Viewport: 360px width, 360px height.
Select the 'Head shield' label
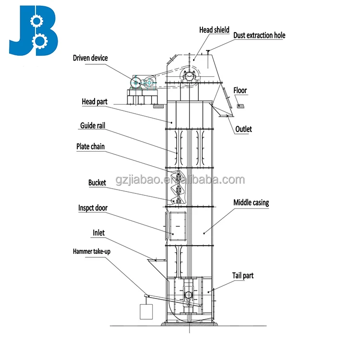pos(214,30)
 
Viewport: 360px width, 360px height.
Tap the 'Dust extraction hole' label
pos(259,35)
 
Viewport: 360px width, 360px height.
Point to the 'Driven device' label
pos(90,58)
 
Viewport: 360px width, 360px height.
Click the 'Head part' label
pos(95,101)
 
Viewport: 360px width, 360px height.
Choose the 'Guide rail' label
pos(93,126)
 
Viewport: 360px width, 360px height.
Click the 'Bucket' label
pos(97,182)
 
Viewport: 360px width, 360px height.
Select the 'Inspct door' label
pos(93,208)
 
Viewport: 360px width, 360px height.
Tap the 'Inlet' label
pos(98,233)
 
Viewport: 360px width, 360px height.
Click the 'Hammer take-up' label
pos(89,251)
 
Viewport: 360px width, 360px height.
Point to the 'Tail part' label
pos(243,276)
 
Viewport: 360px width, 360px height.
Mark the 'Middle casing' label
pos(251,203)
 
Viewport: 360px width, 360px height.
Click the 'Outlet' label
pos(243,129)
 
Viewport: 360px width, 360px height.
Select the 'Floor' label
pos(240,90)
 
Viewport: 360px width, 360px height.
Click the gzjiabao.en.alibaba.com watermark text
pos(180,180)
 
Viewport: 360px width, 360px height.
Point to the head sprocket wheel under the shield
pos(189,76)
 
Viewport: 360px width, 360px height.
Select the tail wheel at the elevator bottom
pos(188,294)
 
